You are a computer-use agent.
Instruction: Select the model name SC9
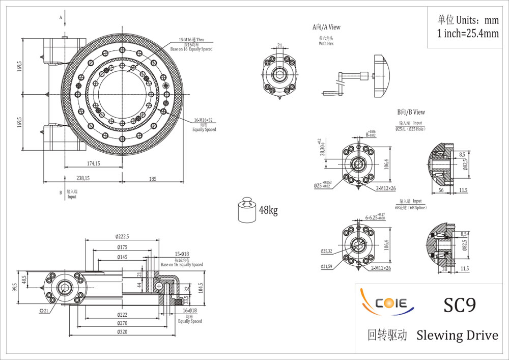pyautogui.click(x=460, y=305)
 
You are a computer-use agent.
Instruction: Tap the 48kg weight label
pyautogui.click(x=268, y=210)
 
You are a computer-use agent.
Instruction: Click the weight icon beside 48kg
pyautogui.click(x=247, y=210)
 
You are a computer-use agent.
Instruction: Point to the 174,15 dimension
pyautogui.click(x=93, y=163)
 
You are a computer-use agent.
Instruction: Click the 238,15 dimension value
pyautogui.click(x=83, y=178)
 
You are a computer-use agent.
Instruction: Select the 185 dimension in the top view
pyautogui.click(x=152, y=178)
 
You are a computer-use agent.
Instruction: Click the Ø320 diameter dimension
pyautogui.click(x=122, y=332)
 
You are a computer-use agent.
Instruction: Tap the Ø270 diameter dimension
pyautogui.click(x=122, y=323)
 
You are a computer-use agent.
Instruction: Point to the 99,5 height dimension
pyautogui.click(x=15, y=288)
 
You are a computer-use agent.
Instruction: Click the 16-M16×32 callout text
pyautogui.click(x=204, y=121)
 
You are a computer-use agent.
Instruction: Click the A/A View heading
pyautogui.click(x=326, y=27)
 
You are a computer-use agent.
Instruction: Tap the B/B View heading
pyautogui.click(x=411, y=112)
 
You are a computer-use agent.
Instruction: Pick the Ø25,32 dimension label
pyautogui.click(x=326, y=251)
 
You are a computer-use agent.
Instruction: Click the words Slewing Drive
pyautogui.click(x=457, y=335)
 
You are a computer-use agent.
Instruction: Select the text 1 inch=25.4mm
pyautogui.click(x=468, y=34)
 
